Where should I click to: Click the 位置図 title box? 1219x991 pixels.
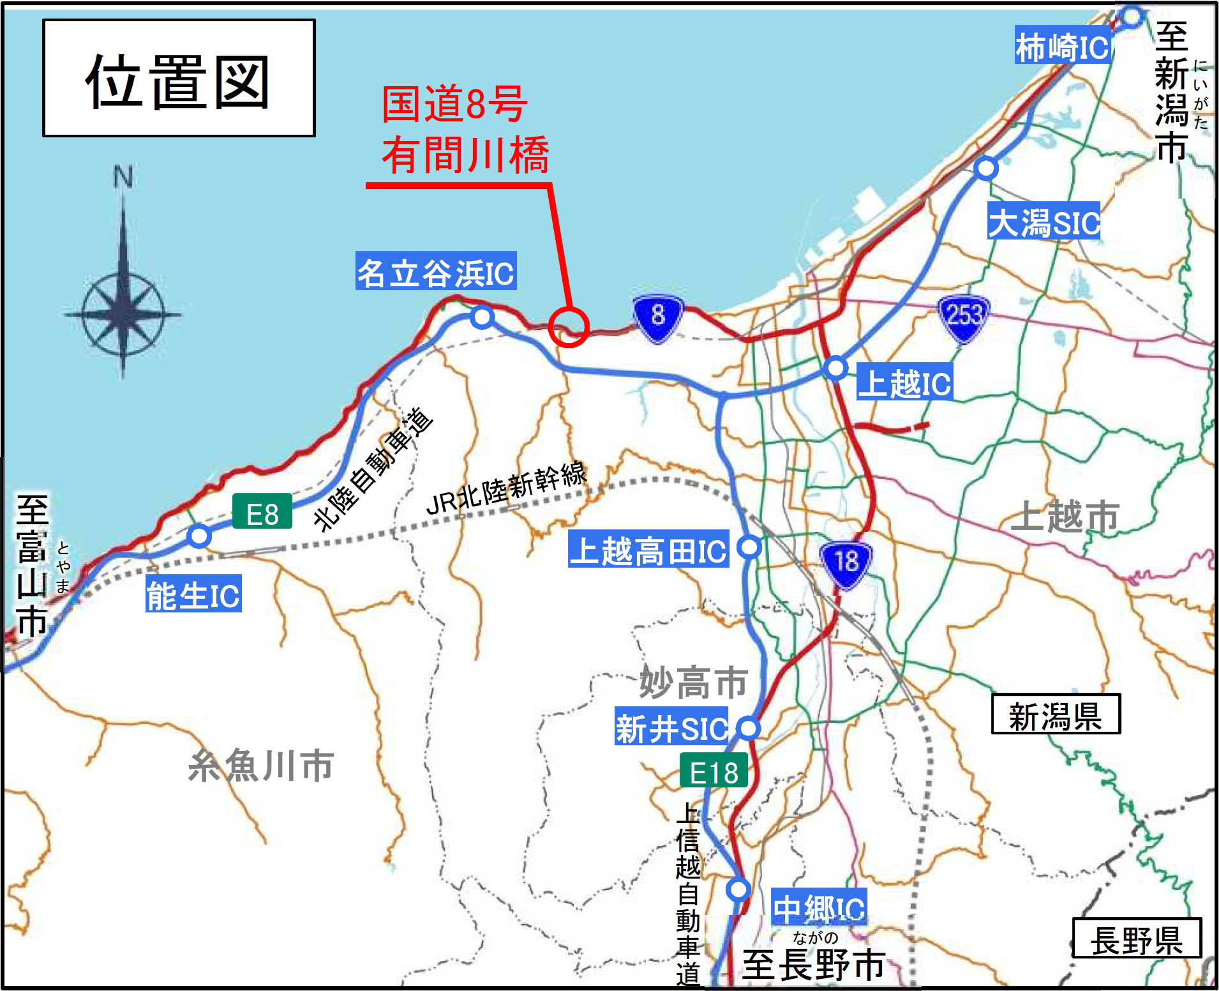(x=179, y=78)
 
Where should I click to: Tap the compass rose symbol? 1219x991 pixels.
(x=123, y=314)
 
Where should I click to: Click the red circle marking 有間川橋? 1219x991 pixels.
(x=568, y=327)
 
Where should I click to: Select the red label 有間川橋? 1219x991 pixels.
(x=465, y=155)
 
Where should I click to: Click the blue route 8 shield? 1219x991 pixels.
(x=658, y=316)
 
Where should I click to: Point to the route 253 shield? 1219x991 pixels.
(x=964, y=315)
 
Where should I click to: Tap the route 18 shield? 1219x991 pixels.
(x=846, y=563)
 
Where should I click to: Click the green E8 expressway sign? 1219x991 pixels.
(x=262, y=512)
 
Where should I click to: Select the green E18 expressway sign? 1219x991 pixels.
(x=714, y=771)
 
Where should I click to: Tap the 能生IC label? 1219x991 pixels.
(x=193, y=595)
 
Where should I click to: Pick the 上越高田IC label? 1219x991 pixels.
(x=648, y=549)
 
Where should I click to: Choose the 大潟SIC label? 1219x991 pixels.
(x=1044, y=222)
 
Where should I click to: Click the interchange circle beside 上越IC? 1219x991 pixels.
(x=835, y=368)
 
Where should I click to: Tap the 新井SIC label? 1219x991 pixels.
(x=671, y=727)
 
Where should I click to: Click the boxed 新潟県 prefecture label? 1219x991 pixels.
(x=1056, y=715)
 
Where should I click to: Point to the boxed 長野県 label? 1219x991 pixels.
(x=1137, y=939)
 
